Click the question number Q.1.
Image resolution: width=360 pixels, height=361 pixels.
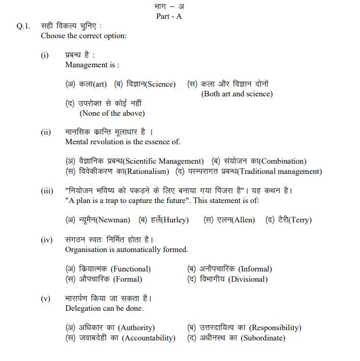23,26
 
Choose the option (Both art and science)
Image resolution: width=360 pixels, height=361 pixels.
237,94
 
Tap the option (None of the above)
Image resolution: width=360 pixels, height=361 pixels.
112,113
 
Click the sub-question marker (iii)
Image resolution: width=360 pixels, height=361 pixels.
47,191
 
